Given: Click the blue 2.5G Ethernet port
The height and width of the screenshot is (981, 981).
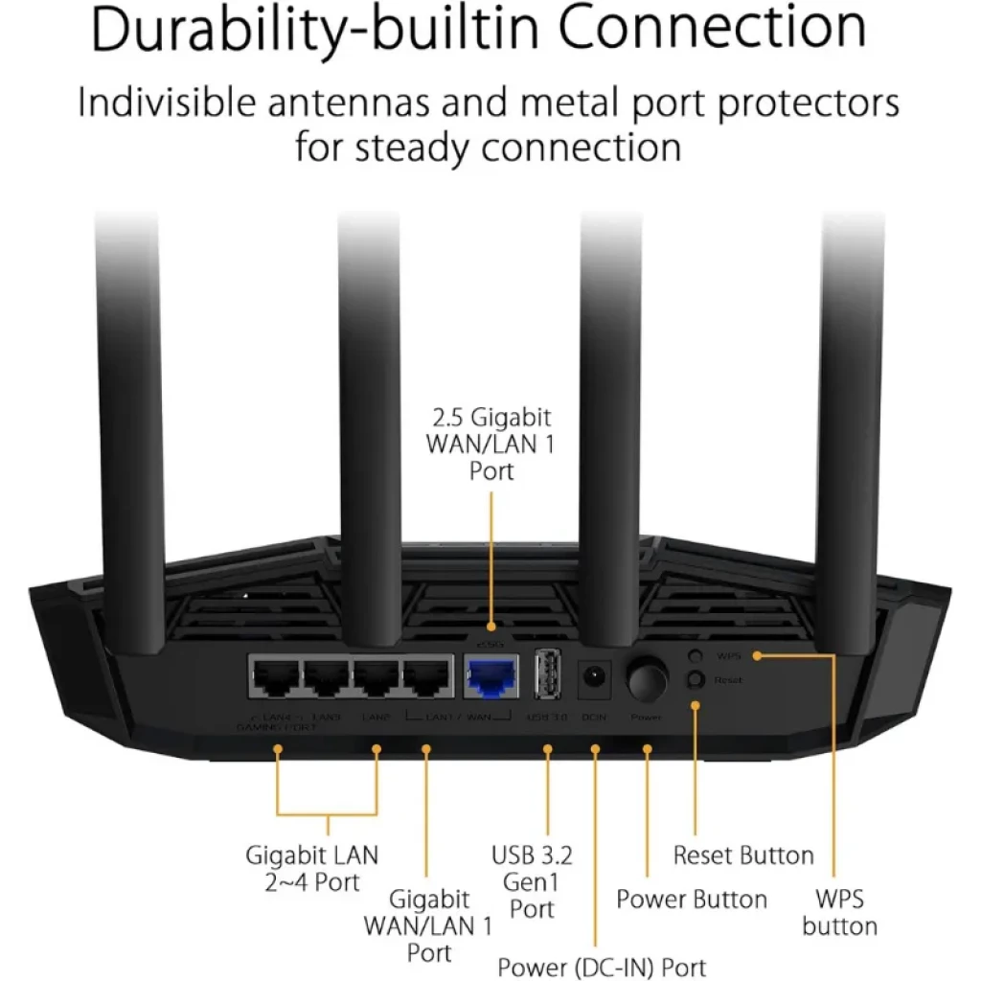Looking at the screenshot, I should point(490,678).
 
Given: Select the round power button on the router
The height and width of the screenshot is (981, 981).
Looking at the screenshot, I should point(647,679).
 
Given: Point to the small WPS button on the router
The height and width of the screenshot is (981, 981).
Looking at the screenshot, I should point(696,656).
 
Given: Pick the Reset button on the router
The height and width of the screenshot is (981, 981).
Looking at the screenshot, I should point(696,679).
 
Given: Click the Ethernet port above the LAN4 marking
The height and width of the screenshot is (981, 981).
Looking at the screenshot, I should point(275,678).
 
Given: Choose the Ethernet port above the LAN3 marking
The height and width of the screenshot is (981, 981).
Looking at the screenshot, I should point(327,678).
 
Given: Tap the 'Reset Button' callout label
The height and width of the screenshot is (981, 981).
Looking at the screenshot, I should point(743,855).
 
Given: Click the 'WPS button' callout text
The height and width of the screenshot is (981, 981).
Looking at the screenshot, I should point(840,912).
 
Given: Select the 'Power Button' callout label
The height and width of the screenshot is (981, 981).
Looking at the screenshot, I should point(692,900).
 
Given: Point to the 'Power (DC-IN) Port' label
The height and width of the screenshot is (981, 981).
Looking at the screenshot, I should point(602,966).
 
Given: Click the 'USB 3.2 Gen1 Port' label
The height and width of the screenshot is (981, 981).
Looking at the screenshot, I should point(533,880).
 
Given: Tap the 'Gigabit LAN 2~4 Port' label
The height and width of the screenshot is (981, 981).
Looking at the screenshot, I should point(312,867).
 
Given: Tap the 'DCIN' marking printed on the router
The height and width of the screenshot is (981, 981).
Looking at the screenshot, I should point(594,717).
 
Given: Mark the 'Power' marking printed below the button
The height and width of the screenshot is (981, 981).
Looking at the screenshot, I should point(646,717).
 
